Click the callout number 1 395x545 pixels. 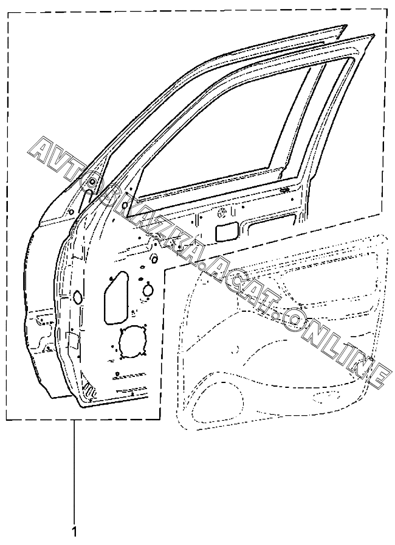click(x=75, y=532)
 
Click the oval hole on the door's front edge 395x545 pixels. click(x=78, y=297)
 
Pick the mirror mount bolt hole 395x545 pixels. click(x=91, y=182)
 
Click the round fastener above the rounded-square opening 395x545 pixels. click(x=222, y=213)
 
